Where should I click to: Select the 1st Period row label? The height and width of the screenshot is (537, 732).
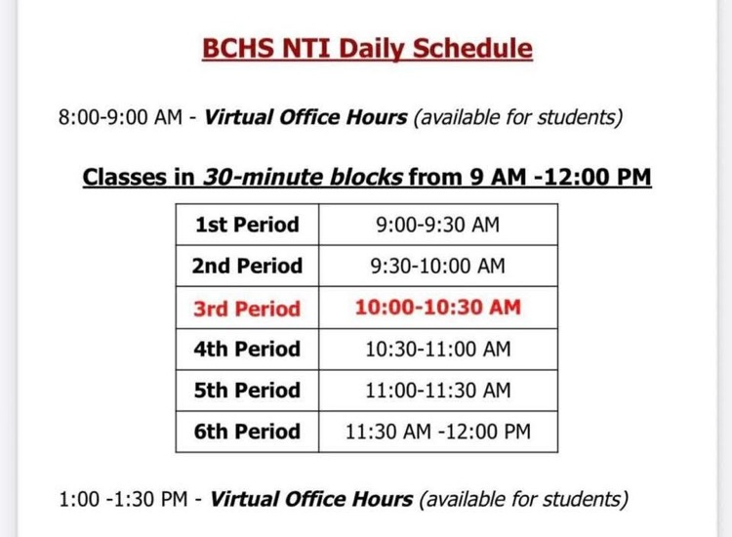point(247,225)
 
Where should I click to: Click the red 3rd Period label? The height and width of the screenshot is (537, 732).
point(248,309)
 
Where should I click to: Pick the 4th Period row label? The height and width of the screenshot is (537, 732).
point(248,349)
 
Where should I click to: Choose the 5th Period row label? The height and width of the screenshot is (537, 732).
point(248,391)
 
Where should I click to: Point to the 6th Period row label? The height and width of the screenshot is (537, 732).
point(248,432)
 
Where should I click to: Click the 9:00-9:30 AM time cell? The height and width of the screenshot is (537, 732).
point(437,225)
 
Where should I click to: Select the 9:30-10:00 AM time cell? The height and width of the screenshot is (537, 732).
point(437,266)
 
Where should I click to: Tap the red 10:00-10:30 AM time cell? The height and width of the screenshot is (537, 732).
point(437,308)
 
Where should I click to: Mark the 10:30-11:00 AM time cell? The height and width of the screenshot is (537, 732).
point(437,349)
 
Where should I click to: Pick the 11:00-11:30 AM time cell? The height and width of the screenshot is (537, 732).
point(437,391)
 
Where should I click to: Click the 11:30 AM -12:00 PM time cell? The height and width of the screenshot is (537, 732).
point(437,432)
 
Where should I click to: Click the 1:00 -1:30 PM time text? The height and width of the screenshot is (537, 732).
point(123,500)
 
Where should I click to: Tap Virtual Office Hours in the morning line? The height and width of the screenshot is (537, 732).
point(305,118)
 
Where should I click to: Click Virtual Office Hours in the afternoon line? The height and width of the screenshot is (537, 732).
point(311,500)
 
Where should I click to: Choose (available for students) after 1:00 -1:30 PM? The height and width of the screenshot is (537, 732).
point(523,500)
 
